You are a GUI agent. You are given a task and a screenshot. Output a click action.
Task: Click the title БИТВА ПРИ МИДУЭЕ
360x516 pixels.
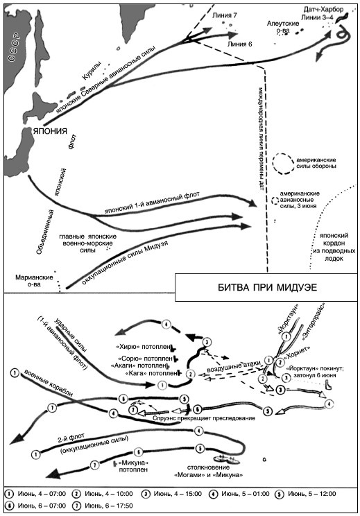pyautogui.click(x=268, y=287)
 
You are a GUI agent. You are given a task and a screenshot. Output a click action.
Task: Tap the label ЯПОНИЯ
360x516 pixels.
pyautogui.click(x=50, y=130)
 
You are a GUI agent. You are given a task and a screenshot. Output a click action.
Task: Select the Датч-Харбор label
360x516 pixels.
pyautogui.click(x=323, y=10)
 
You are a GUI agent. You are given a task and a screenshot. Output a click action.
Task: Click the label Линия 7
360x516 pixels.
pyautogui.click(x=225, y=15)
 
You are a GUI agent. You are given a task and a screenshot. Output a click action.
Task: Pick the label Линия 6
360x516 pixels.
pyautogui.click(x=239, y=44)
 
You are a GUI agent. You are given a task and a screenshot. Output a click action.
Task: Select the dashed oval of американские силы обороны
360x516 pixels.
pyautogui.click(x=283, y=164)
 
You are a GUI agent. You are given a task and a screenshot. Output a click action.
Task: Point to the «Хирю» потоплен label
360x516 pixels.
pyautogui.click(x=143, y=347)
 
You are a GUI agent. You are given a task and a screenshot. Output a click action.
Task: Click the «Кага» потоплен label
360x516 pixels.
pyautogui.click(x=151, y=373)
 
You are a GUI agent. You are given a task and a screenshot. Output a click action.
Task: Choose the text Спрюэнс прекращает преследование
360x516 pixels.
pyautogui.click(x=204, y=418)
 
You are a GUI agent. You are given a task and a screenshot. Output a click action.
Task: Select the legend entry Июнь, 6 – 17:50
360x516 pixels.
pyautogui.click(x=103, y=506)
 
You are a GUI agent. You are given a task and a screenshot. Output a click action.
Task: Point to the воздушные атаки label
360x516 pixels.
pyautogui.click(x=231, y=367)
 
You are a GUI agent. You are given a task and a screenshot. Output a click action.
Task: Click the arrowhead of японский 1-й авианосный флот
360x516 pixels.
pyautogui.click(x=252, y=203)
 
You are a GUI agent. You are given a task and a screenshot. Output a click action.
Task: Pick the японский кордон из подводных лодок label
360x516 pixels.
pyautogui.click(x=334, y=247)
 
